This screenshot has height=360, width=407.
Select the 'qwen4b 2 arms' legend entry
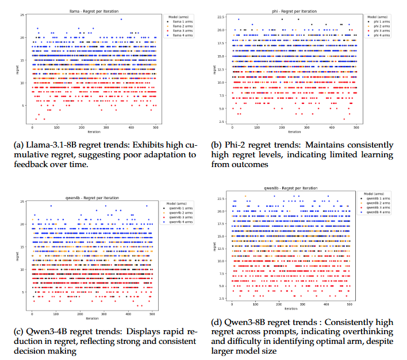185,211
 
